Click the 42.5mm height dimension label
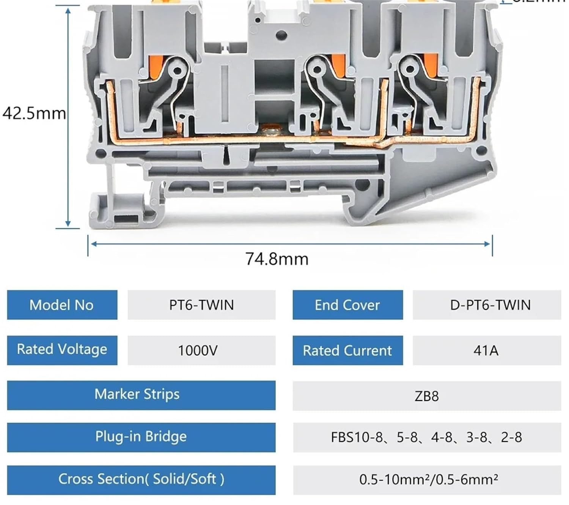(x=34, y=113)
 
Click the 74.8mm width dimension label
(x=277, y=259)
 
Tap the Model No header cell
(x=62, y=305)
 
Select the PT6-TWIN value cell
(x=201, y=305)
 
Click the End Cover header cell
(x=347, y=305)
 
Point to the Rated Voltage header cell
(x=62, y=350)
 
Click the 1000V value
(x=198, y=350)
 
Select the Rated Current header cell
(x=347, y=350)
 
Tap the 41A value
(x=486, y=350)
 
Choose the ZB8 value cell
(x=426, y=396)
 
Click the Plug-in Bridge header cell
(x=141, y=437)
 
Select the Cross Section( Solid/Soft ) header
(x=141, y=479)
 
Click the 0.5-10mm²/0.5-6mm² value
(x=428, y=480)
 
